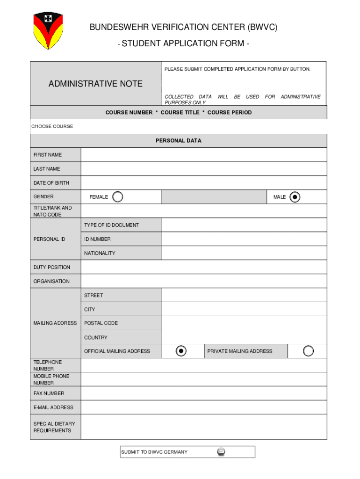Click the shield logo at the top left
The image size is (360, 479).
pos(48,31)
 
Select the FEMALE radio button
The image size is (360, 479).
pos(118,197)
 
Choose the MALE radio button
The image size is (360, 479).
pos(295,197)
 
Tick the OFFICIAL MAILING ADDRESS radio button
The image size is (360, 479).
pos(181,351)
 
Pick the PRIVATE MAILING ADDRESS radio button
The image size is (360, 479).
pos(308,351)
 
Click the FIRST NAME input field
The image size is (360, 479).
pos(203,155)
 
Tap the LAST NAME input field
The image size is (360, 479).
pos(203,169)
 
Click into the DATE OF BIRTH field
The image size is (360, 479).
pos(203,183)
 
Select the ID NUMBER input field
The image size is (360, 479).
pos(244,239)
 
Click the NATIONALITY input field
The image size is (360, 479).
pos(244,253)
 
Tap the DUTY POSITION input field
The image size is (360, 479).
pos(203,267)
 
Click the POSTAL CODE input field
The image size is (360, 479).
pos(244,323)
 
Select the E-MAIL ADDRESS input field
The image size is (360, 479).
pos(203,407)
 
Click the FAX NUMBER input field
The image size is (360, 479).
pos(203,393)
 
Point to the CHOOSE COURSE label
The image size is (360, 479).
pos(52,126)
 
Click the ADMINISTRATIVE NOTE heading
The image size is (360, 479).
pos(95,84)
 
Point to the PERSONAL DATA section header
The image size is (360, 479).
pos(179,140)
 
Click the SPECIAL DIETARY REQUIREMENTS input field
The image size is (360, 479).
pos(203,427)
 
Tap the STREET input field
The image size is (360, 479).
pos(244,295)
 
